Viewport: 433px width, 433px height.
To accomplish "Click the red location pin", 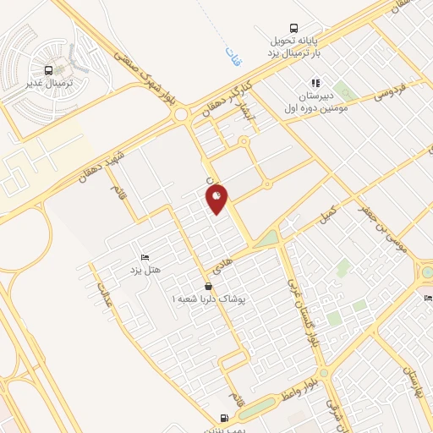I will [217, 199].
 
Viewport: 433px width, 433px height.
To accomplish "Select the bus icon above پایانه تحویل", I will [293, 28].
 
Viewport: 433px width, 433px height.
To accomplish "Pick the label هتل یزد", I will [145, 270].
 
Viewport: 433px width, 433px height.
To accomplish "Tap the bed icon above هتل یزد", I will [145, 256].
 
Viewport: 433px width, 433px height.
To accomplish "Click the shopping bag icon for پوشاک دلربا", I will [208, 286].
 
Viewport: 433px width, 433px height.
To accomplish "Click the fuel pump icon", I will [223, 416].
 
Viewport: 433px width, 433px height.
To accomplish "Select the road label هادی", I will [238, 269].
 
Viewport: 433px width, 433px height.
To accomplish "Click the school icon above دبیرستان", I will [314, 83].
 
